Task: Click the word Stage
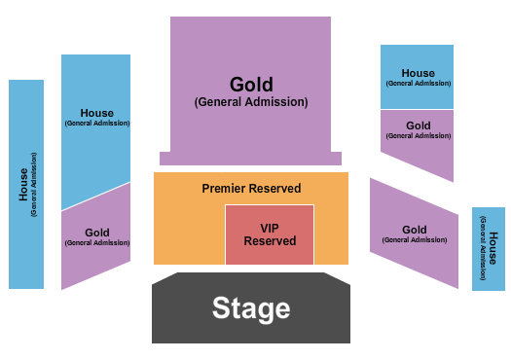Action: pos(251,308)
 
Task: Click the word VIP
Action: pos(270,228)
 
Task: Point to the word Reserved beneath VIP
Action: pos(270,241)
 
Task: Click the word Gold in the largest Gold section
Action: pos(251,85)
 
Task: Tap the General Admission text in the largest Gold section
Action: pos(251,101)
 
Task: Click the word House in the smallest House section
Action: pos(493,240)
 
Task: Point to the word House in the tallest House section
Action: pos(23,185)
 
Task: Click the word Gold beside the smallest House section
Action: pos(415,231)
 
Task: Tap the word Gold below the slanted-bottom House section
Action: pos(97,233)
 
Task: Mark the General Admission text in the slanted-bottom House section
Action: pos(97,124)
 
